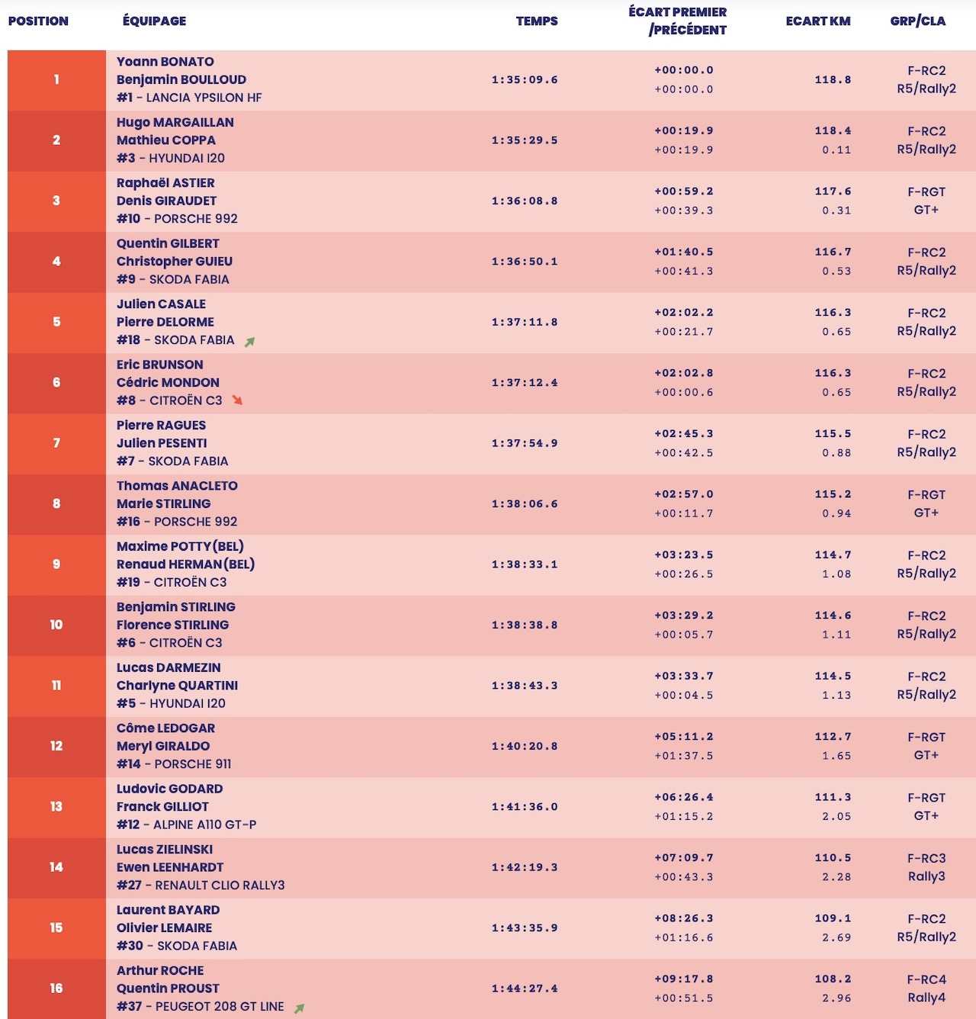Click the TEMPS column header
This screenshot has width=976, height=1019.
[x=537, y=21]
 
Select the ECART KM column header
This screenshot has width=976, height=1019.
[x=817, y=21]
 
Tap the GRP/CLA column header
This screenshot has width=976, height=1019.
[x=917, y=21]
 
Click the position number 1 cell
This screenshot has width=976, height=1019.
[x=56, y=79]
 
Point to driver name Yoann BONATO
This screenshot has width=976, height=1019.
[x=165, y=62]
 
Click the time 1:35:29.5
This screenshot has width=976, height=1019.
[x=525, y=140]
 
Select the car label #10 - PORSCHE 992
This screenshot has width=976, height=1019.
[x=177, y=219]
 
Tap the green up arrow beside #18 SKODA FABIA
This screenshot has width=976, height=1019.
[x=249, y=342]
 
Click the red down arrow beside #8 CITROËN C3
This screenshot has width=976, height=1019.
[x=237, y=400]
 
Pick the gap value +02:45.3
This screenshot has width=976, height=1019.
[x=684, y=434]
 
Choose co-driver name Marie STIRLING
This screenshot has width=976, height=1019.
[x=163, y=504]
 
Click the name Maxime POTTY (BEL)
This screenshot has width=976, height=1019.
[x=180, y=547]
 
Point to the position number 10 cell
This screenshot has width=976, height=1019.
[x=56, y=625]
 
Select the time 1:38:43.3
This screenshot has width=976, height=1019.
[x=525, y=686]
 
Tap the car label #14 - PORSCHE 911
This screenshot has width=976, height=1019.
[x=174, y=764]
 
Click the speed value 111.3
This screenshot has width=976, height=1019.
[x=833, y=797]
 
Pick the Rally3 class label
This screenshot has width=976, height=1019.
[x=926, y=876]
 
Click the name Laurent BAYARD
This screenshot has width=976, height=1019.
[x=168, y=910]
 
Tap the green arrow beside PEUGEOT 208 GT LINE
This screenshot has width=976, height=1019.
[x=300, y=1008]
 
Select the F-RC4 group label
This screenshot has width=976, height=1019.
[x=926, y=979]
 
